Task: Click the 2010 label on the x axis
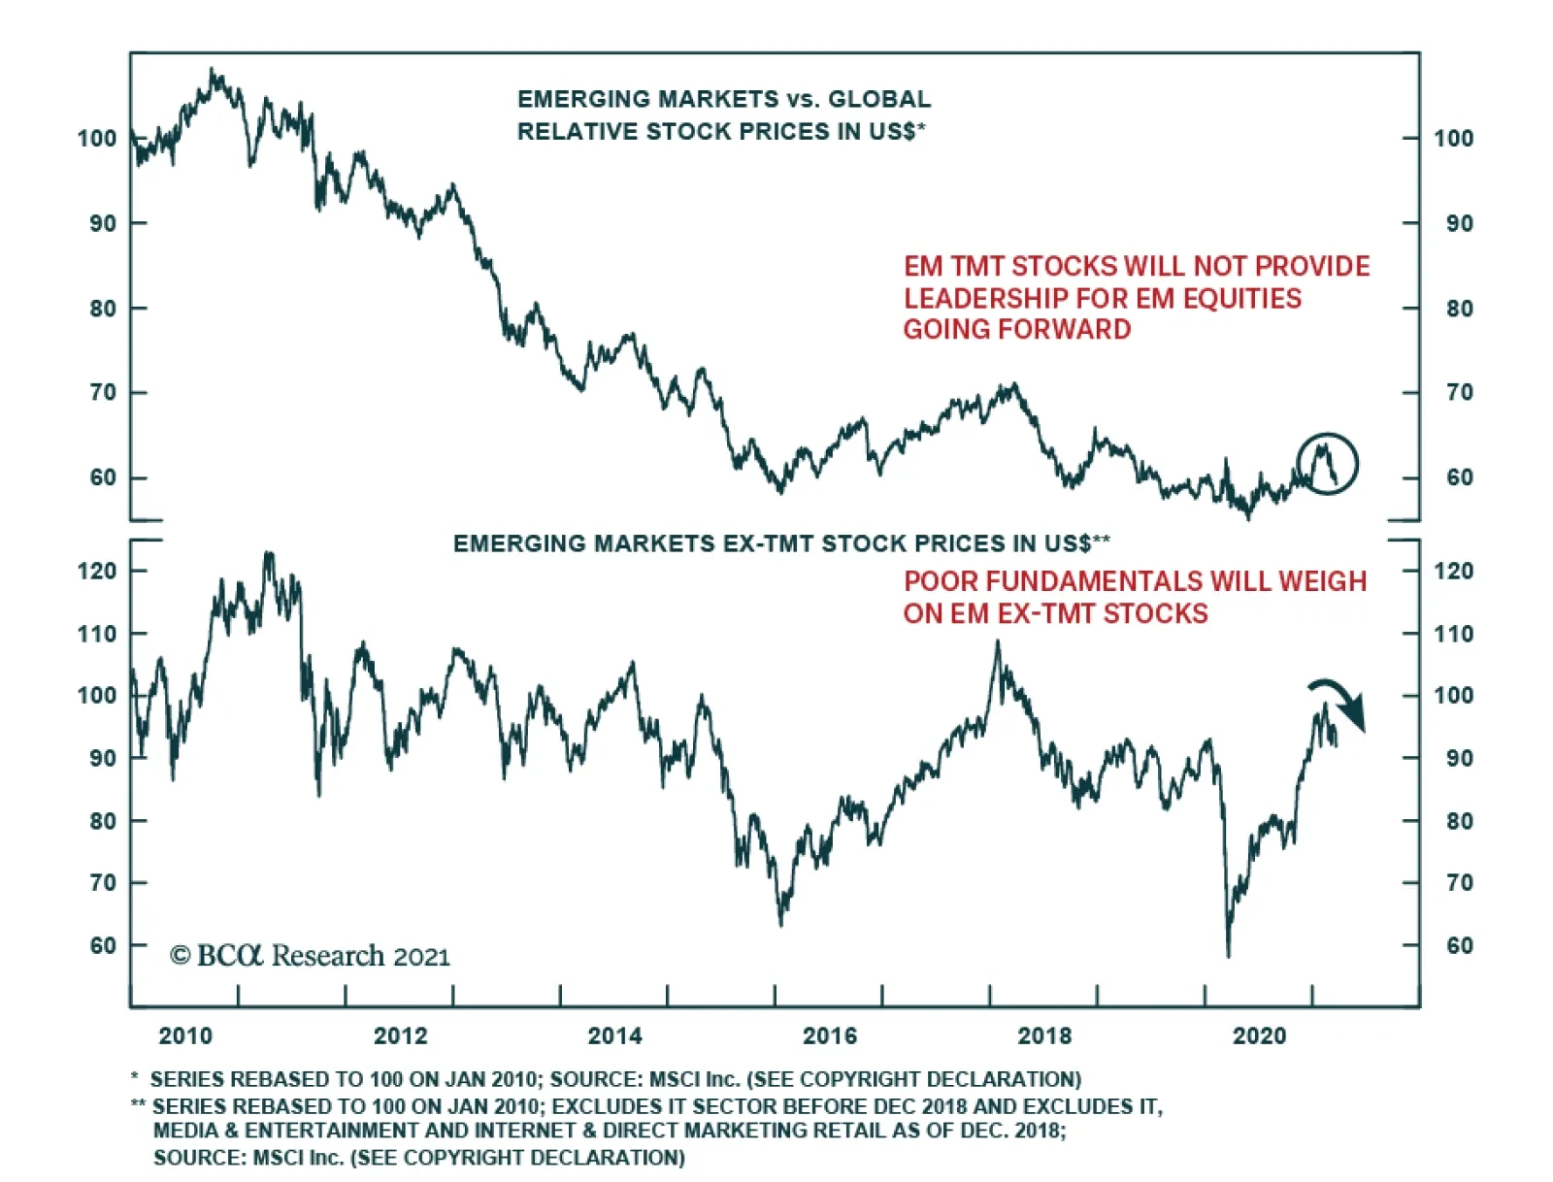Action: (185, 1035)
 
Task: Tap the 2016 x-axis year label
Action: (830, 1035)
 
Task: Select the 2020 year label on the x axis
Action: (1259, 1035)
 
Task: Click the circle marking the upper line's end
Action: (1327, 463)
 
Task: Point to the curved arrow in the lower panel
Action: (1340, 701)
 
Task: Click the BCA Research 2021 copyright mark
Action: (310, 956)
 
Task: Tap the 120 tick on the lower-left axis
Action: (97, 571)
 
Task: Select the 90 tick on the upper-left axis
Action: (102, 223)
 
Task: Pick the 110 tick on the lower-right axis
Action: (1453, 634)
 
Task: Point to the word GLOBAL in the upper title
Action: (878, 99)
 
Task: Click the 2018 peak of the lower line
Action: (997, 642)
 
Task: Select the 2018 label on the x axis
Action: (1044, 1035)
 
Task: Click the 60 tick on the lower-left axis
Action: (102, 945)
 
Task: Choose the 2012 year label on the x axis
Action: (400, 1035)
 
